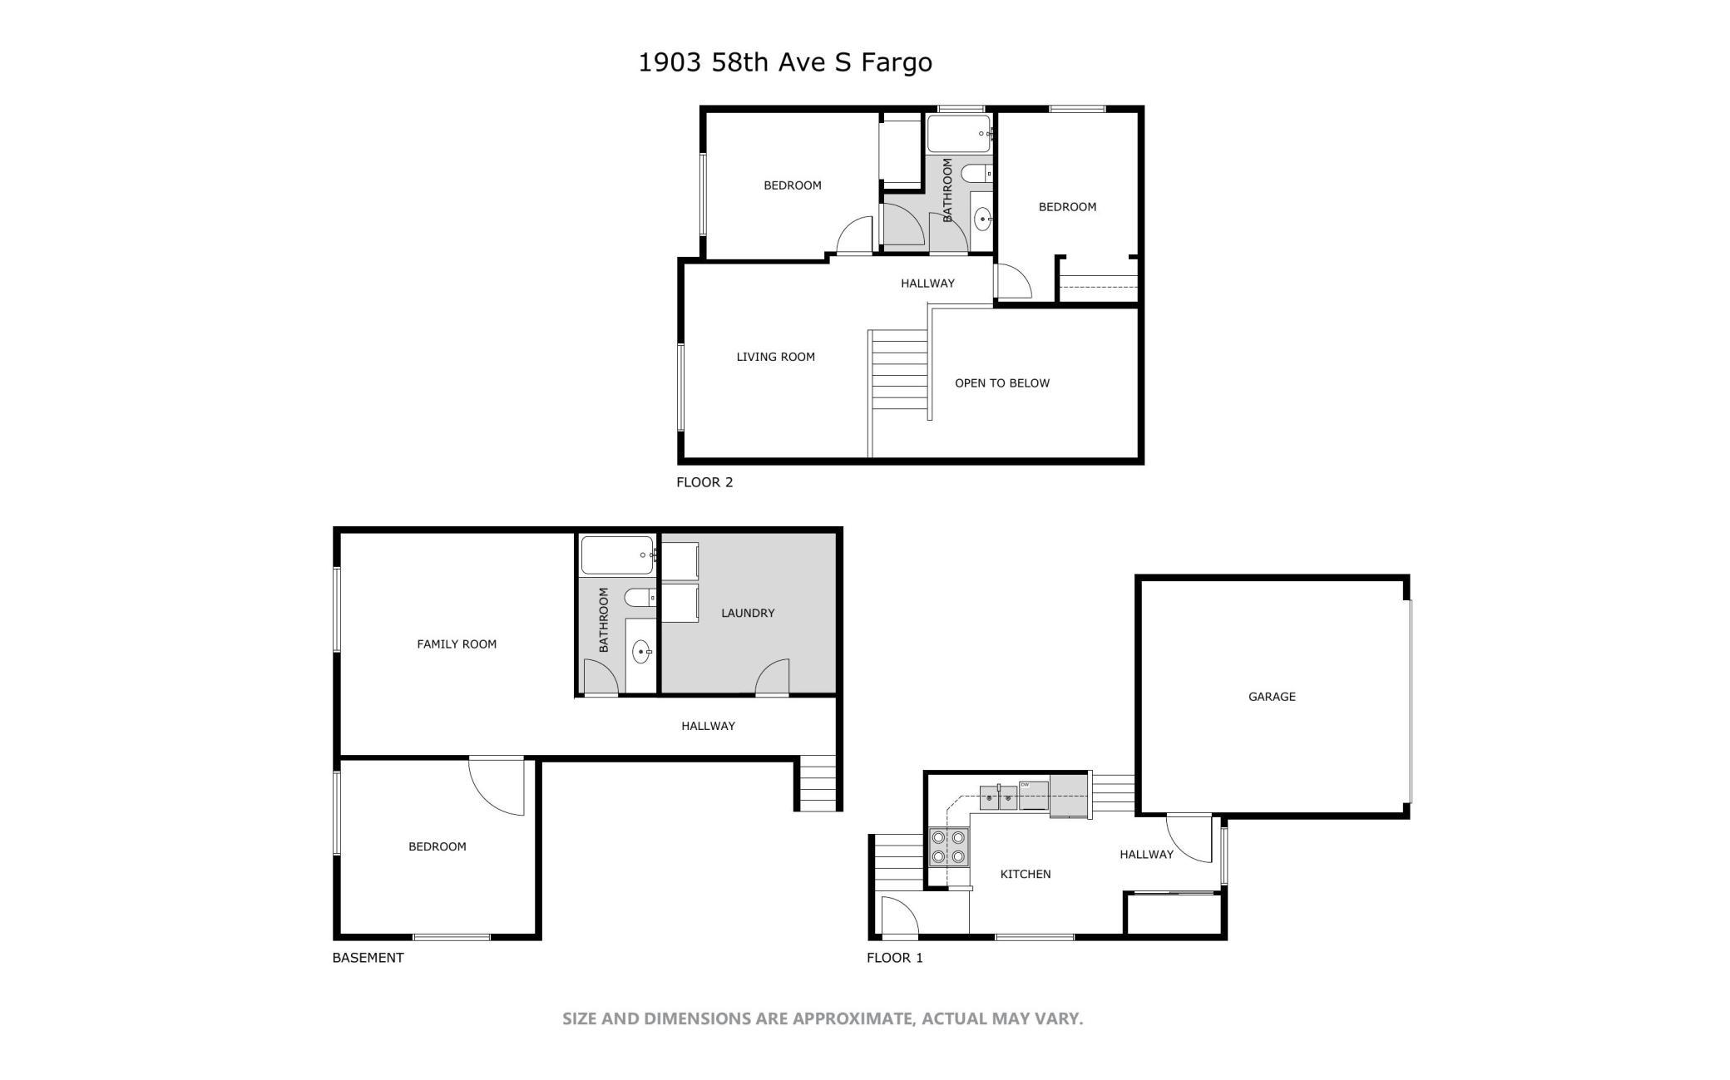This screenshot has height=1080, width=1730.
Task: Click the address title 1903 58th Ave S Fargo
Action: click(x=785, y=62)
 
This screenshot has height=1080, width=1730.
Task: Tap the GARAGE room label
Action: click(x=1272, y=697)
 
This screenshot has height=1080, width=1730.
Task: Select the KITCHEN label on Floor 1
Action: click(x=1026, y=874)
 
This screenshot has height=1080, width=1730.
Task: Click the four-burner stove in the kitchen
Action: click(x=948, y=846)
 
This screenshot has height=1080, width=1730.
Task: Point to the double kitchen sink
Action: click(x=998, y=797)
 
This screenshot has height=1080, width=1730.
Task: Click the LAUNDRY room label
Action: click(x=748, y=613)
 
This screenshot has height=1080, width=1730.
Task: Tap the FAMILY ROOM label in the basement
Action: click(x=457, y=644)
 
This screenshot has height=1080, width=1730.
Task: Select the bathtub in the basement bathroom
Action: click(x=618, y=555)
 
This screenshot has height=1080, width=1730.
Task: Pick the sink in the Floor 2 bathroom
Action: click(x=983, y=219)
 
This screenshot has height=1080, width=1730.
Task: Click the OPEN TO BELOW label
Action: click(x=1002, y=383)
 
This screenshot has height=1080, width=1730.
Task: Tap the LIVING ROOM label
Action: click(x=775, y=357)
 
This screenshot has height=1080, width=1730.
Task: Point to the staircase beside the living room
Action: click(x=898, y=370)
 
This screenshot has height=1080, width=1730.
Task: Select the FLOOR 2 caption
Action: click(x=704, y=482)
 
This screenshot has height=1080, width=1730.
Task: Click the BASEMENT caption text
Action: click(x=368, y=958)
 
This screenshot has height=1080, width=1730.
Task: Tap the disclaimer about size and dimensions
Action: click(x=823, y=1018)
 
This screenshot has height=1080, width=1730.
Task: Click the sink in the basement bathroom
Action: click(x=641, y=652)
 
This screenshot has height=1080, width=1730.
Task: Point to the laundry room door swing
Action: click(x=772, y=676)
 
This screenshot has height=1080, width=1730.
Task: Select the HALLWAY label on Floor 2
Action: click(x=927, y=284)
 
